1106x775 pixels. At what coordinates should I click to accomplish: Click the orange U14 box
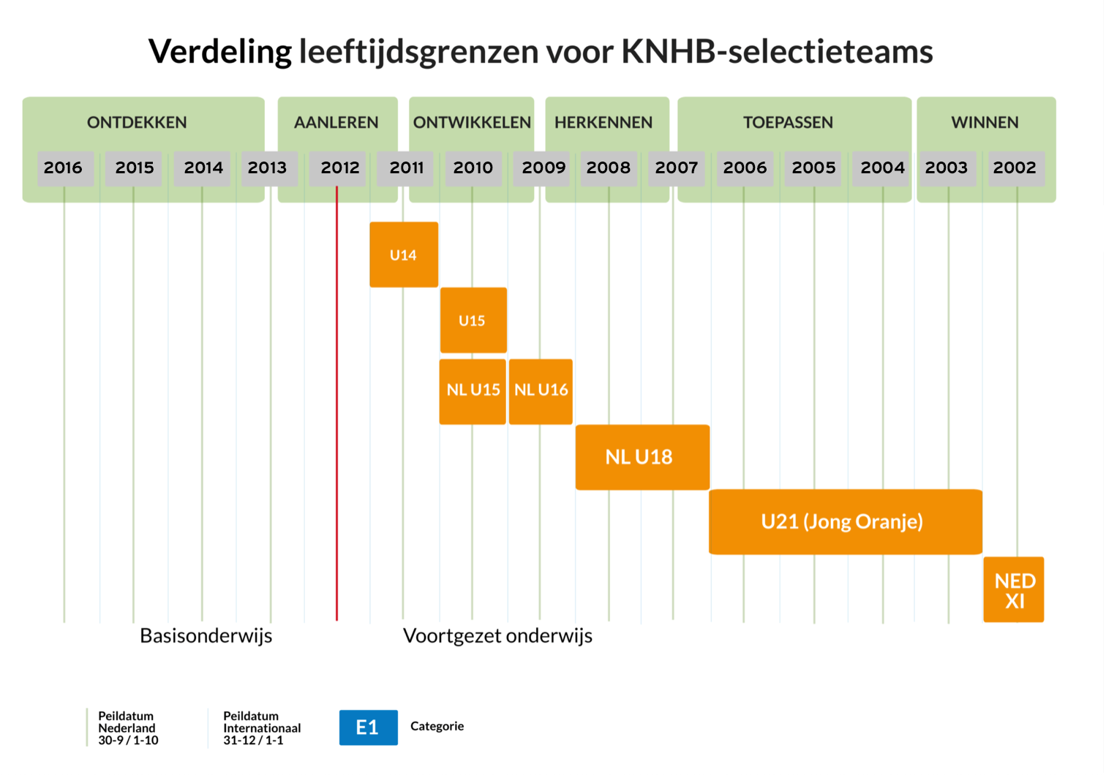404,254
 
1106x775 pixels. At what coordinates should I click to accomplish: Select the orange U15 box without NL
473,320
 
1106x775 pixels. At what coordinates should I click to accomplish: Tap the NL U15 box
473,390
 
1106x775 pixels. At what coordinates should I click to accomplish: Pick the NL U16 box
541,390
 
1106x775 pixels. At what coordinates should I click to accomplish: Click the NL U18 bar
642,457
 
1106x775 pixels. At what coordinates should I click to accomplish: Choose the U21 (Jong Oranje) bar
844,521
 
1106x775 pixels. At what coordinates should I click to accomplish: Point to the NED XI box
1014,590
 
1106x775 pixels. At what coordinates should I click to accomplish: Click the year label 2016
64,168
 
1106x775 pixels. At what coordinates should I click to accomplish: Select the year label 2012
340,168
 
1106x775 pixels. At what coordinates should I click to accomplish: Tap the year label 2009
543,168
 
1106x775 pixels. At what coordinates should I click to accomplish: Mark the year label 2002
1015,168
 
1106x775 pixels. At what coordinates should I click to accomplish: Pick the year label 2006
745,168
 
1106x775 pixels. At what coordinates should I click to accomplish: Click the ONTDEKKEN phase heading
137,123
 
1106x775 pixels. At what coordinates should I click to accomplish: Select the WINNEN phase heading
985,123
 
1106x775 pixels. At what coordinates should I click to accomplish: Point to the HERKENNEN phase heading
603,123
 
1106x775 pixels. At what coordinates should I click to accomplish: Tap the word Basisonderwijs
206,636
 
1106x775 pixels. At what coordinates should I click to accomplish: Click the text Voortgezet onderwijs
497,636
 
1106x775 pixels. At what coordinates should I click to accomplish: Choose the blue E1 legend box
368,727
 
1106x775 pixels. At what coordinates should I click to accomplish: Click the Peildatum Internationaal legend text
261,728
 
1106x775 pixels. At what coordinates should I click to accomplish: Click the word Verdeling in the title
220,52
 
